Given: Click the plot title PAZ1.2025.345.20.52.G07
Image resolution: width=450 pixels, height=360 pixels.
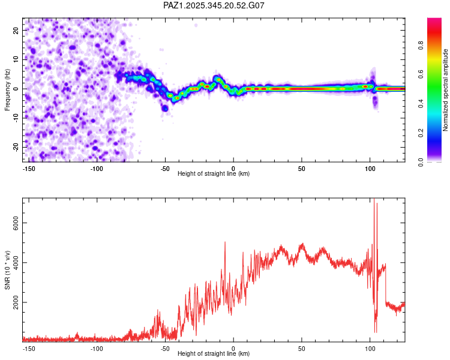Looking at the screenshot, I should tap(214, 5).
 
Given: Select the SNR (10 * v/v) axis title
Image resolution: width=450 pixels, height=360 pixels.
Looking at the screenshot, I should tap(7, 269).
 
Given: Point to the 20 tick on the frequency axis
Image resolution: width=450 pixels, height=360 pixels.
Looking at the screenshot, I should tap(17, 29).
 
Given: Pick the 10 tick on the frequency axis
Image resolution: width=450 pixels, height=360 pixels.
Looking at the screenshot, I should tap(17, 59).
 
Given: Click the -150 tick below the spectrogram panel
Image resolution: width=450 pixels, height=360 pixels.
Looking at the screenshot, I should tap(28, 169).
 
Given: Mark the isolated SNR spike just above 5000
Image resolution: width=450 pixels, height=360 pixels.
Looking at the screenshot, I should tap(225, 242).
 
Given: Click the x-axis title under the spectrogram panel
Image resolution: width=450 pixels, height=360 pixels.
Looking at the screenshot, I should tap(214, 173).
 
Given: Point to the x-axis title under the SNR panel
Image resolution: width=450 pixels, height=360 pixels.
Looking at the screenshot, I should tap(214, 353).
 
